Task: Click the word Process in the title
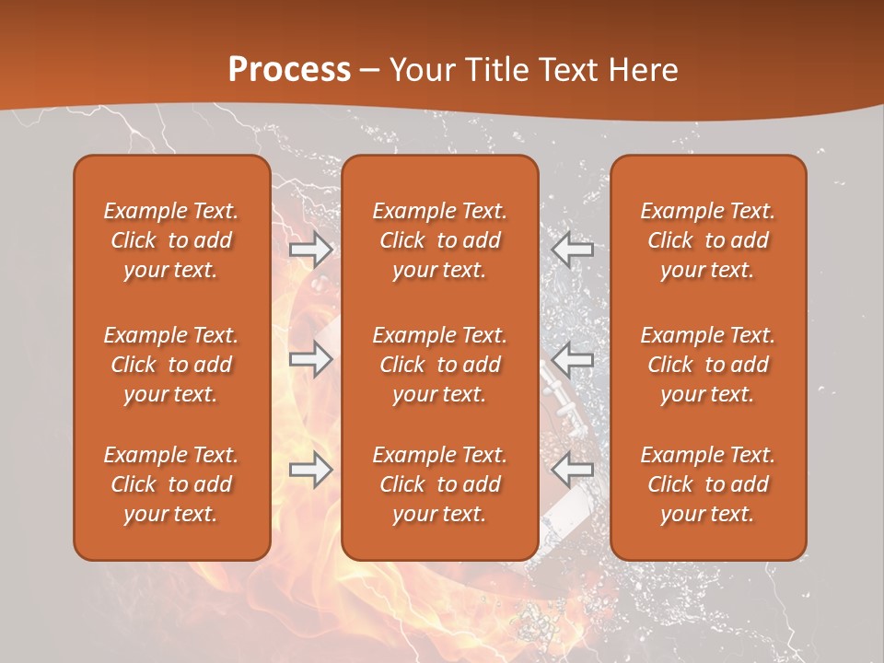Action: (x=289, y=70)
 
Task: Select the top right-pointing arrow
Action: (x=311, y=250)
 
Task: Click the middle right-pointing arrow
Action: (x=311, y=359)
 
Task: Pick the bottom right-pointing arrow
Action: (x=311, y=471)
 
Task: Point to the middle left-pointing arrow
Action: (x=573, y=359)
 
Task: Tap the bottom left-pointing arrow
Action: (x=573, y=471)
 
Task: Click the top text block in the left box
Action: (x=171, y=240)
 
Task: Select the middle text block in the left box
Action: (x=171, y=365)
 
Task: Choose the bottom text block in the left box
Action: (x=171, y=484)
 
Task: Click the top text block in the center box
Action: (x=439, y=240)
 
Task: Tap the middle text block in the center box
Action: (x=439, y=365)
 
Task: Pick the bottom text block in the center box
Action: (x=439, y=484)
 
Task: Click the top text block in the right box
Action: (x=707, y=240)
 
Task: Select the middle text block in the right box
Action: (x=707, y=365)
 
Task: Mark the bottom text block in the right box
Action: (x=707, y=484)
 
